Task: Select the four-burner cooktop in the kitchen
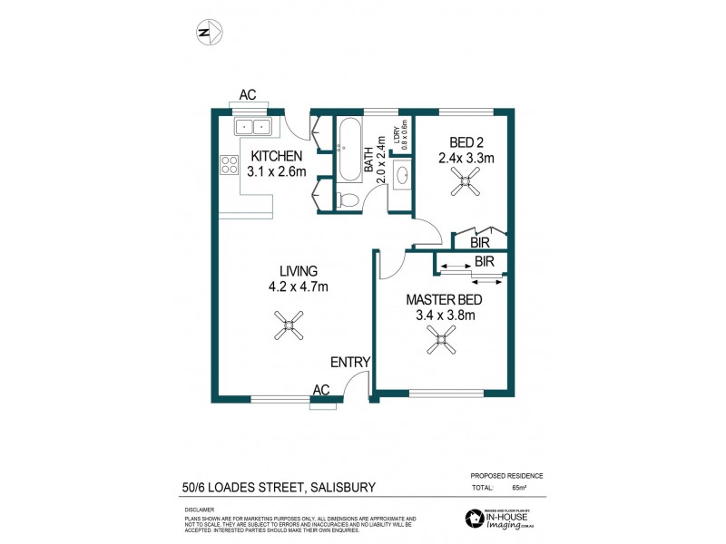tap(228, 165)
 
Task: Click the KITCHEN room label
tap(277, 155)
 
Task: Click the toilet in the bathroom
tap(345, 199)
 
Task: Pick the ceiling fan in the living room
tap(289, 325)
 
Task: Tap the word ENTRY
tap(350, 363)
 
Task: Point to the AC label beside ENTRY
tap(320, 389)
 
